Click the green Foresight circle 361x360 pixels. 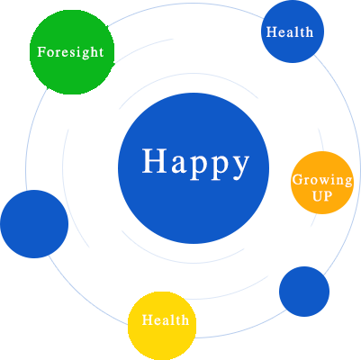click(72, 52)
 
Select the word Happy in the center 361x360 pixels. click(195, 164)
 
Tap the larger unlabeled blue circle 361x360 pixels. click(34, 224)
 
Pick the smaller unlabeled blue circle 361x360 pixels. click(304, 292)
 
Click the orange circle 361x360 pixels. click(322, 183)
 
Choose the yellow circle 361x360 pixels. click(162, 326)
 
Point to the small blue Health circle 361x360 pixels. click(293, 31)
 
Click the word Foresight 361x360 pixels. click(70, 52)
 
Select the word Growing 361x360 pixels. click(322, 181)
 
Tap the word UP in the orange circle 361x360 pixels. click(322, 196)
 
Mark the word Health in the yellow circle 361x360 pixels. click(166, 319)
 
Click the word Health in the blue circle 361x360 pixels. click(290, 31)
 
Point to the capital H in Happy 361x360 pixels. click(155, 161)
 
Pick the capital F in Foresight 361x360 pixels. click(42, 51)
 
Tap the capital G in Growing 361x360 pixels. click(298, 180)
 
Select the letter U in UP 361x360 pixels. click(318, 196)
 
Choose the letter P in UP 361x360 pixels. click(329, 196)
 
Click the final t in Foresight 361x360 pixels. click(100, 52)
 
